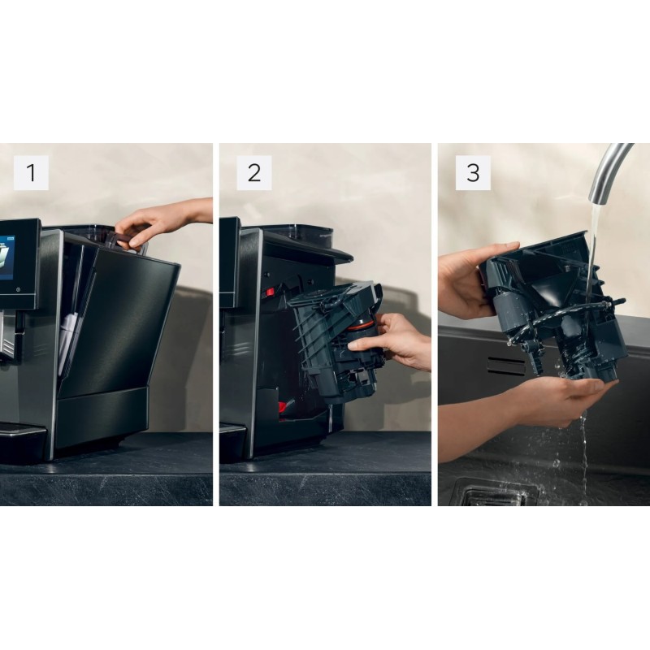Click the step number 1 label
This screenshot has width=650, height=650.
point(31,173)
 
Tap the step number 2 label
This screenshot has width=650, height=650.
point(253,173)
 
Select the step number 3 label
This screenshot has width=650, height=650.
point(473,173)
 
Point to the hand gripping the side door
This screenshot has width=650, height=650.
point(146,223)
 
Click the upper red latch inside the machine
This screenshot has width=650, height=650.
point(269,291)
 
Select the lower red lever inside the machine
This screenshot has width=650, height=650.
point(280,407)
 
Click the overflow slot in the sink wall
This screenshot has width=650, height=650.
point(505,366)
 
